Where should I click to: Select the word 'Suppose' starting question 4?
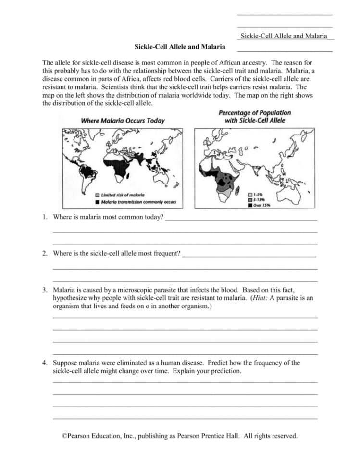pyautogui.click(x=65, y=363)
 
